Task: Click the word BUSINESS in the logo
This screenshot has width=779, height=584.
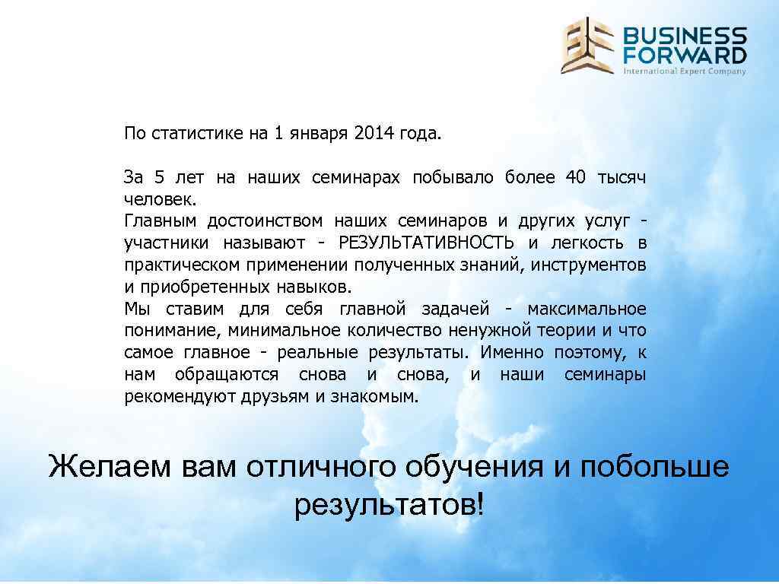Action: (x=685, y=36)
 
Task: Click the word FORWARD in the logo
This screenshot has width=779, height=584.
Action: (x=685, y=55)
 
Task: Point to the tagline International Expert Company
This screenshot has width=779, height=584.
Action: (x=685, y=71)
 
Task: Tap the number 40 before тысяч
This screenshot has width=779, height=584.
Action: (x=576, y=178)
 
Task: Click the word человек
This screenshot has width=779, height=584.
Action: (x=160, y=200)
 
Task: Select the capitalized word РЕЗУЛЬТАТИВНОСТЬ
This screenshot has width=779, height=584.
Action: (x=427, y=243)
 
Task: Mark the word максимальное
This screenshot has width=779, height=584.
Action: (x=587, y=309)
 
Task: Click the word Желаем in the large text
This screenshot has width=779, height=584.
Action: (x=110, y=466)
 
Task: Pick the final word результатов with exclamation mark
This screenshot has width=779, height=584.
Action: (x=388, y=503)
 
